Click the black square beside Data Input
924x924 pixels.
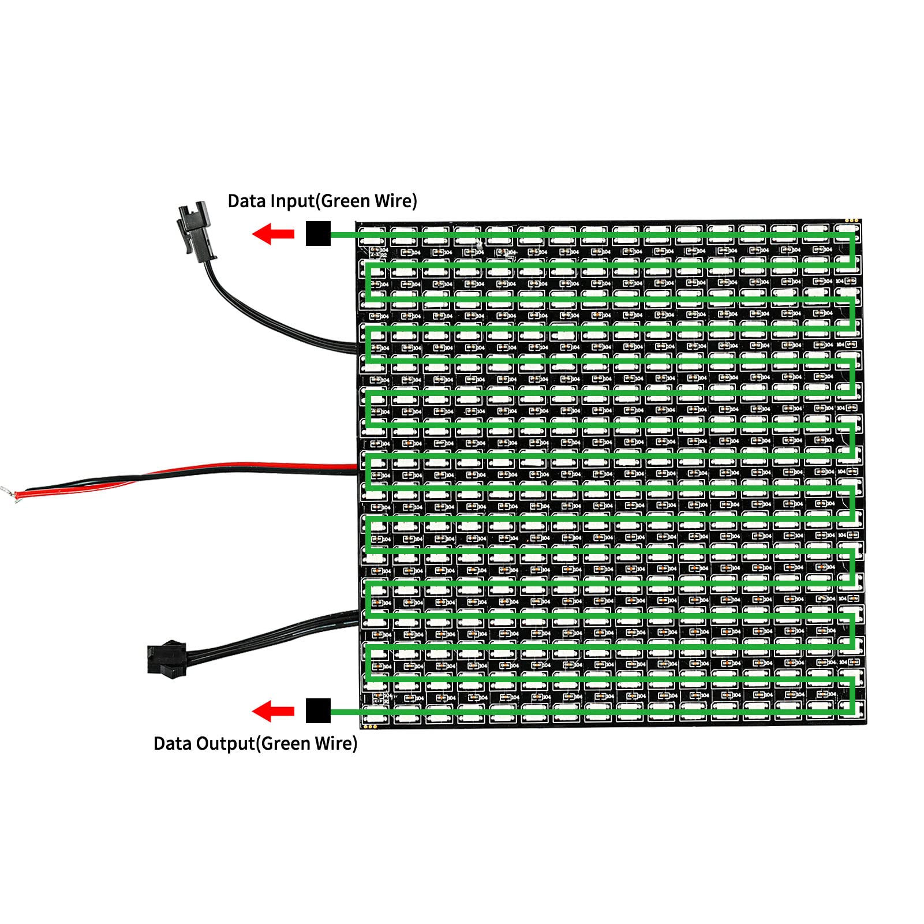click(318, 233)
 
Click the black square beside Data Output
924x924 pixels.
click(318, 710)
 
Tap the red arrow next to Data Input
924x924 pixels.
click(273, 234)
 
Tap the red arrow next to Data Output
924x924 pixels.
click(273, 710)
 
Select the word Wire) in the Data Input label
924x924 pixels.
click(396, 201)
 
